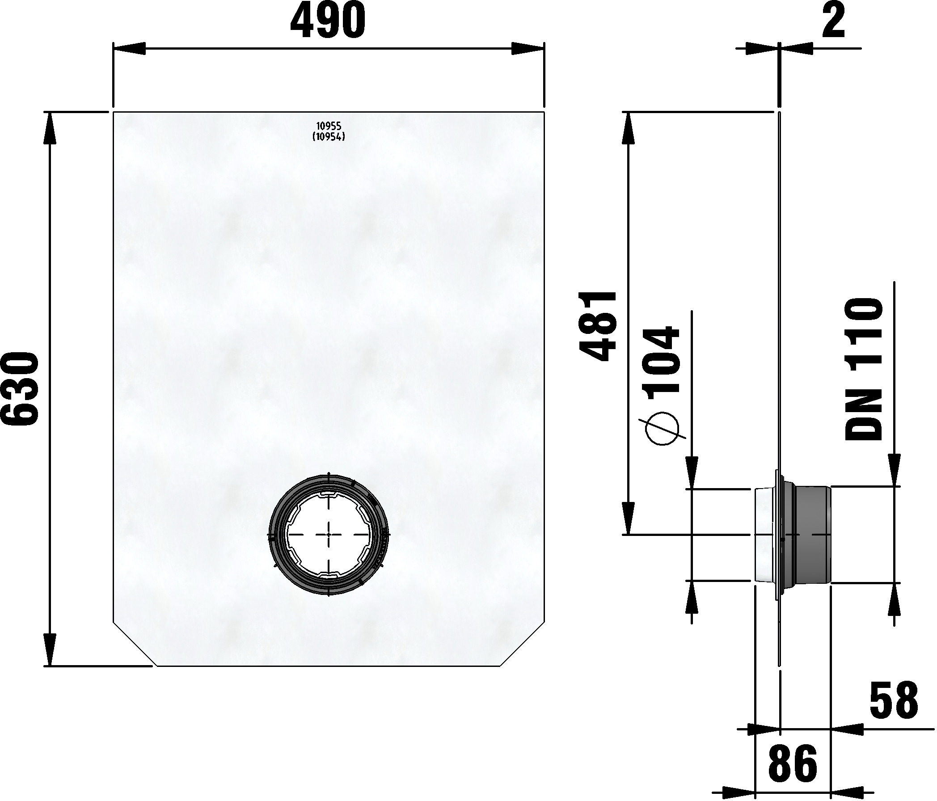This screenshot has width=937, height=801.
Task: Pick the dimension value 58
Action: coord(894,701)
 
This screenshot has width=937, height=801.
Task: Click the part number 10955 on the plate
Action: coord(329,126)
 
